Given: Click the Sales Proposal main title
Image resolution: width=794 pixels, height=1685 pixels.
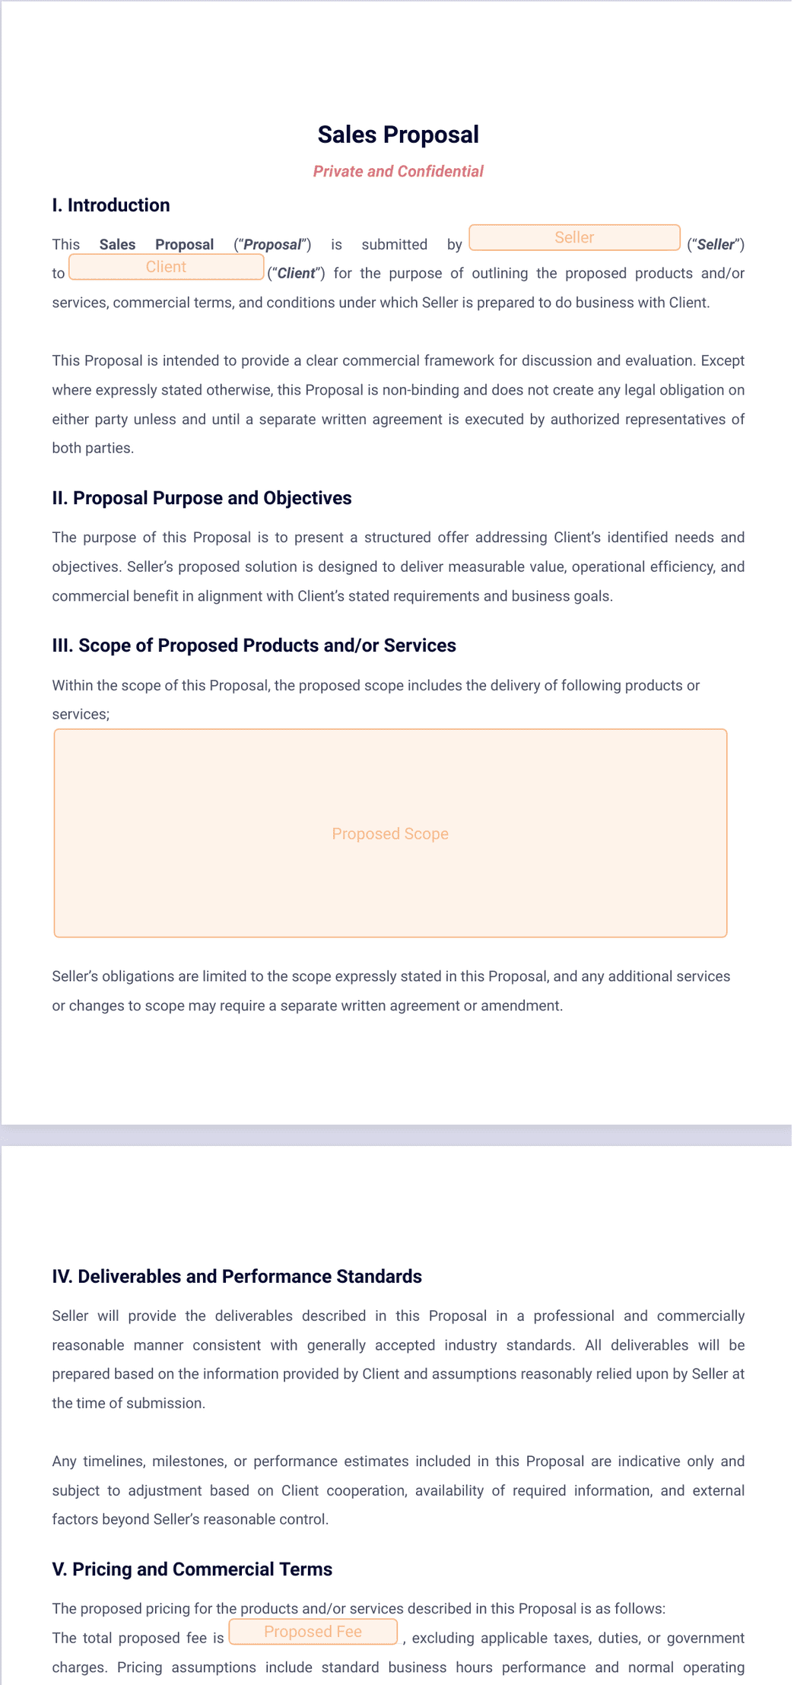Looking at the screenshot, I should pos(398,135).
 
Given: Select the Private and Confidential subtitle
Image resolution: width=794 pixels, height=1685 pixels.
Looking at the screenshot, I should pos(398,171).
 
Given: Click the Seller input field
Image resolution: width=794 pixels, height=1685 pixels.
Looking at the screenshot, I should pos(574,237).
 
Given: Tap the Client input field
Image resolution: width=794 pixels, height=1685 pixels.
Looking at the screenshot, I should pos(166,267).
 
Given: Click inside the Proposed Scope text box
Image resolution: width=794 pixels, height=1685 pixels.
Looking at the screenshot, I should pos(390,833).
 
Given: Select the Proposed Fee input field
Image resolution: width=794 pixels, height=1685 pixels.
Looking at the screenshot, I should pos(313,1632).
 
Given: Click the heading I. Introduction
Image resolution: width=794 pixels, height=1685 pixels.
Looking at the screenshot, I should pos(111,205).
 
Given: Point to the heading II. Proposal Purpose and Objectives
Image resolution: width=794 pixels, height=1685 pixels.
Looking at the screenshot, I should pos(202,498).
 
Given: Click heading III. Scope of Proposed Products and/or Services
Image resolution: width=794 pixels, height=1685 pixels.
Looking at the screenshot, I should pos(254,646).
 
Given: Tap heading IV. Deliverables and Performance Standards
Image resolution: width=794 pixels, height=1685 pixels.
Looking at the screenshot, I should pos(237,1276).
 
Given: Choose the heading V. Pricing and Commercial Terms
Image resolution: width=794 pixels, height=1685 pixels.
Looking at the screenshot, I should pos(192,1569).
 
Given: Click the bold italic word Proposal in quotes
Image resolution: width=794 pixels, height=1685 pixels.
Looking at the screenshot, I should pos(272,245).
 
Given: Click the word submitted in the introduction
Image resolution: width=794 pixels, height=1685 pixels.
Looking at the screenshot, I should pos(394,245).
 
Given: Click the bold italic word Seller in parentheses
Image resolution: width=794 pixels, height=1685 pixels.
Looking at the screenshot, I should pos(716,245).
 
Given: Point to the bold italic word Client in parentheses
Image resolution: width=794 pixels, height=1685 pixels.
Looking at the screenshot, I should pos(296,274).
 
